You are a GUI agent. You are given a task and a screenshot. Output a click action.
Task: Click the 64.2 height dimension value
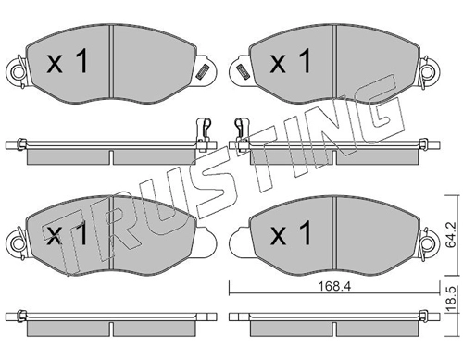451,235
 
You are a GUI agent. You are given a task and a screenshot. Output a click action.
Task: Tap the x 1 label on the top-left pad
68,62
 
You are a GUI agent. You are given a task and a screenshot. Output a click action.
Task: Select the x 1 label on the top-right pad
290,62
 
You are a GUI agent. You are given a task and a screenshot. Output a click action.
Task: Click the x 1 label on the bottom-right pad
290,233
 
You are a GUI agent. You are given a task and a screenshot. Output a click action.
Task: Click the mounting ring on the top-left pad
18,73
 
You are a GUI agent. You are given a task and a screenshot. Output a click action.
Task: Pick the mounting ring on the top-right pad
429,73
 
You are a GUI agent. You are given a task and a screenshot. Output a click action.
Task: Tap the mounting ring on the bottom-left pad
18,244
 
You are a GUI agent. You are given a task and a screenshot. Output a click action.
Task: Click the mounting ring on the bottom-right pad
429,244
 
